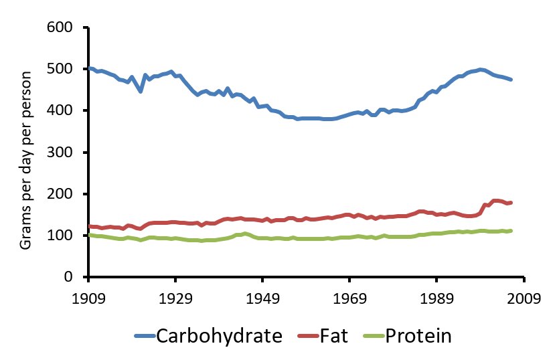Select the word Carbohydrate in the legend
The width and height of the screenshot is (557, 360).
(219, 335)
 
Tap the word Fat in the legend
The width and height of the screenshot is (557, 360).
(335, 335)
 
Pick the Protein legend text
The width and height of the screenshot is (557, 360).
(418, 335)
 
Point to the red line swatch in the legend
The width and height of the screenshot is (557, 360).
(307, 337)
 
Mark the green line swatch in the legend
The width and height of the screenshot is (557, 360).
(372, 337)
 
